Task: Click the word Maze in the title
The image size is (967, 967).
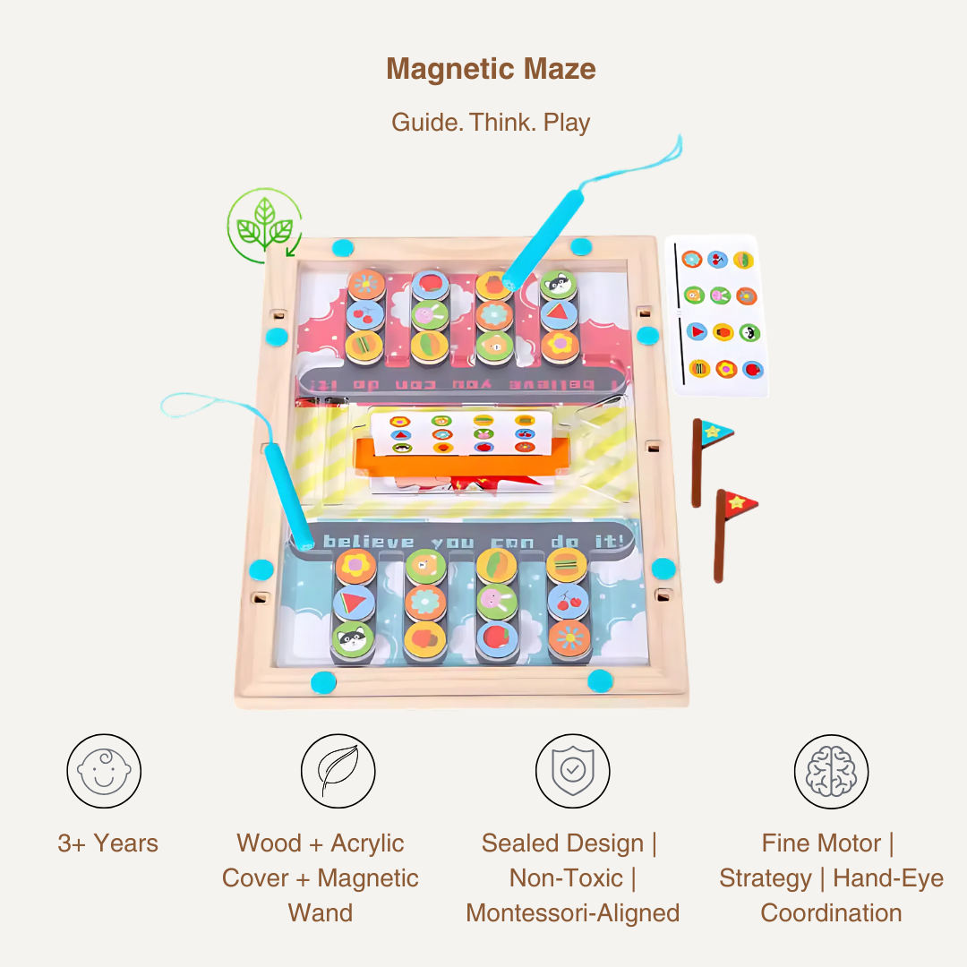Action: tap(557, 69)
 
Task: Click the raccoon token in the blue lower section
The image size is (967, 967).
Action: tap(353, 639)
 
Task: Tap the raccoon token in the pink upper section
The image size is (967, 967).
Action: tap(559, 286)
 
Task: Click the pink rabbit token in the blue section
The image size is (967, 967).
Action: tap(495, 602)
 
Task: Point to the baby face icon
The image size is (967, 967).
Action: tap(104, 771)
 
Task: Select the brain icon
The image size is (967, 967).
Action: tap(831, 771)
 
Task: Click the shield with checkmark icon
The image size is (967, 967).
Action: tap(572, 771)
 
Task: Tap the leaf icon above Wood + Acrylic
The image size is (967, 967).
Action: tap(338, 771)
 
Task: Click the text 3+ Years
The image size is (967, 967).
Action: tap(107, 843)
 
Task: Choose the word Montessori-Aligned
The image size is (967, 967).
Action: tap(572, 913)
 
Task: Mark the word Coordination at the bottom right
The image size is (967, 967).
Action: tap(831, 913)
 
